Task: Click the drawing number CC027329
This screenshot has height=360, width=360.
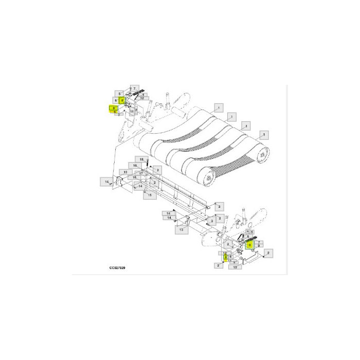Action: click(117, 268)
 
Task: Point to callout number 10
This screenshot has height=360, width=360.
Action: click(235, 267)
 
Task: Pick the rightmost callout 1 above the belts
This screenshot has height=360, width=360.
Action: click(264, 135)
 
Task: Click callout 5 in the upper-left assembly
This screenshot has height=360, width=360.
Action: click(119, 94)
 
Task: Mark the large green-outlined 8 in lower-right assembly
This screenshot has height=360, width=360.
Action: click(249, 245)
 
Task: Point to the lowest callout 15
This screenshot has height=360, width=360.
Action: click(150, 195)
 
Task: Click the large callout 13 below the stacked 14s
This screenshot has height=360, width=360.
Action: click(181, 229)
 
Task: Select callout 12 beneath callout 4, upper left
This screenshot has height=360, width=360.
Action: click(142, 98)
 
